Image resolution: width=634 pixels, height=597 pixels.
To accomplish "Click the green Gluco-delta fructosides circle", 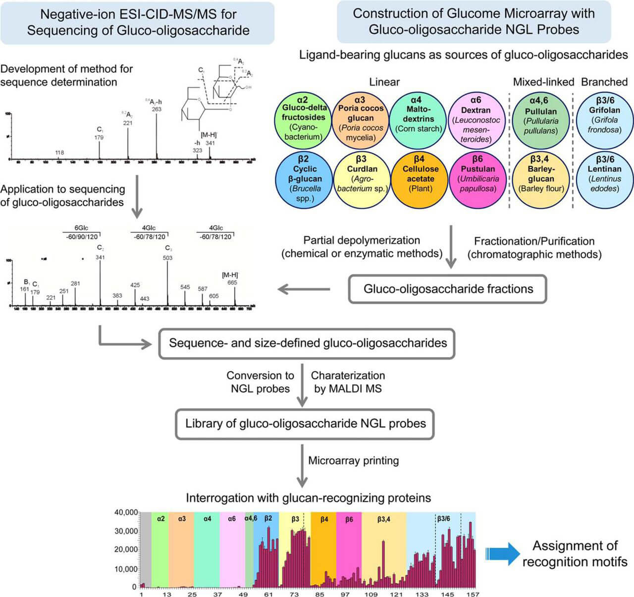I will point(303,121).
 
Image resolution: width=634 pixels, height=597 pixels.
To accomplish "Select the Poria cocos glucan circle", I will point(361,121).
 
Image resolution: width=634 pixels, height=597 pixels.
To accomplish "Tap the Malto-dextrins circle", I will point(419,121).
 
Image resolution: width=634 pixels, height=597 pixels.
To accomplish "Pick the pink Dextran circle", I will point(476,121).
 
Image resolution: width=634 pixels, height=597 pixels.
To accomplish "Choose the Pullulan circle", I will point(541,121).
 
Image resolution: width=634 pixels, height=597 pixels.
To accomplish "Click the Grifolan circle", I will point(605,121).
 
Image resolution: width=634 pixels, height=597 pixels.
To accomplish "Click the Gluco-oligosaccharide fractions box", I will point(448,289).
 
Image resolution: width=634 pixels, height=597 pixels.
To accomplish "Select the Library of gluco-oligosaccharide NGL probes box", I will point(305,424).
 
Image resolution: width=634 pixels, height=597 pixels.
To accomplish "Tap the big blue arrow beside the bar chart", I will point(503,553).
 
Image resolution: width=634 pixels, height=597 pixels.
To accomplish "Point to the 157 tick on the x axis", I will point(473,594).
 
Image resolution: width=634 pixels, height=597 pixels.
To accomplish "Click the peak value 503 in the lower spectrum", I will point(167,258).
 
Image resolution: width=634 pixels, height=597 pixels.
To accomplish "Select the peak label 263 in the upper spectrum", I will point(157,109).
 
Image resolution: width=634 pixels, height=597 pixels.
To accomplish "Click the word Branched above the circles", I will point(604,82).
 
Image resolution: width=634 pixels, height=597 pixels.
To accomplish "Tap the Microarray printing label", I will point(353,461).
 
